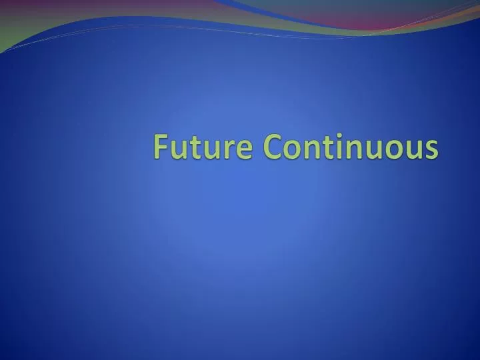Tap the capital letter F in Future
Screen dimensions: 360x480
(x=161, y=146)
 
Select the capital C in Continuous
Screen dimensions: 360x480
(x=273, y=147)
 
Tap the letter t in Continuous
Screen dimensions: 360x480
(x=329, y=147)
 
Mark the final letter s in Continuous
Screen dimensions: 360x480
(x=432, y=149)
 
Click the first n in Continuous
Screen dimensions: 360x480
(x=312, y=149)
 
